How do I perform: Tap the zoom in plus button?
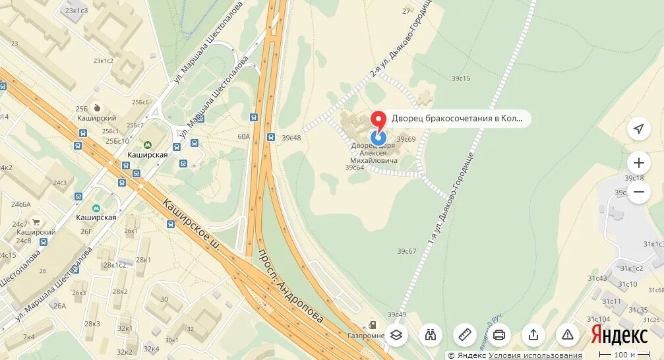pos(638,162)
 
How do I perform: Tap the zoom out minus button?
pos(638,193)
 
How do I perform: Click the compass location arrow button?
pos(638,129)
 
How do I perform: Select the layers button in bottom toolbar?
pos(396,334)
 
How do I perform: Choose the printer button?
pos(499,334)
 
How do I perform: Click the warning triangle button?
pos(568,334)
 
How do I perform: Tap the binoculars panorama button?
pos(430,334)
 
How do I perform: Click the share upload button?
pos(533,334)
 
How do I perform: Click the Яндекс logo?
pos(619,335)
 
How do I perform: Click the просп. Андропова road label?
pos(290,285)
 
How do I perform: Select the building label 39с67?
pos(407,251)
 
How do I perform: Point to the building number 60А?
pos(243,136)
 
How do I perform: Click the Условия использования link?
pos(535,355)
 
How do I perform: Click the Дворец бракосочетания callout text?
pos(457,119)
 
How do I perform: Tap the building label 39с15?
pos(461,78)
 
